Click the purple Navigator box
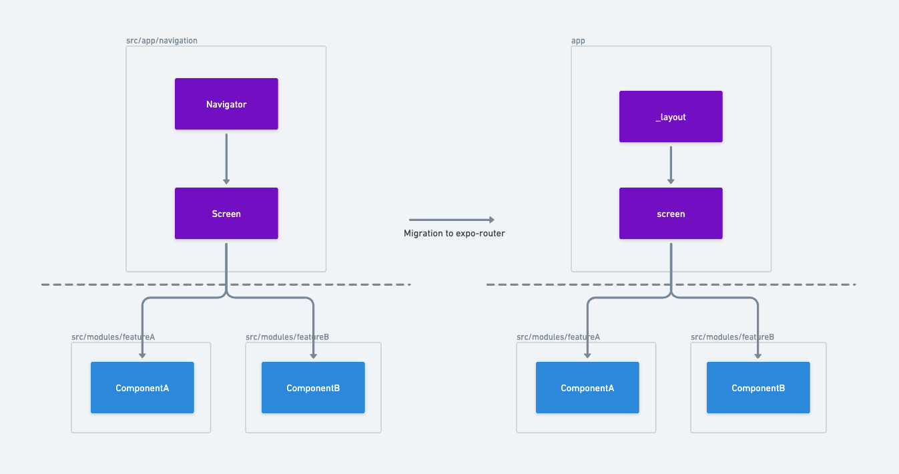click(226, 104)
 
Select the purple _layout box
click(671, 117)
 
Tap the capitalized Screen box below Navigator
click(226, 214)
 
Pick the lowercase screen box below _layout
click(671, 214)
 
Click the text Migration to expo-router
click(454, 234)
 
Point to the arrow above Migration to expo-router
click(451, 220)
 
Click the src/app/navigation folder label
click(162, 41)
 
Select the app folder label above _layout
click(578, 41)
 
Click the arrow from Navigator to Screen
click(226, 158)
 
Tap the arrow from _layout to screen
click(671, 164)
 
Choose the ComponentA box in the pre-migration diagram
click(142, 388)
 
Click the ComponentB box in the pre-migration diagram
click(313, 388)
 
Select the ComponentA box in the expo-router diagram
click(587, 388)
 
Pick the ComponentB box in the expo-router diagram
click(758, 388)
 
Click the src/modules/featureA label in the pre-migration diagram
click(113, 337)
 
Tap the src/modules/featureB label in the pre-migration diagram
click(287, 337)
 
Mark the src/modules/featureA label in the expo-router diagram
click(558, 337)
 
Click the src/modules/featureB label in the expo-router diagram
click(732, 337)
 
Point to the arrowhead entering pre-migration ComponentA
click(142, 356)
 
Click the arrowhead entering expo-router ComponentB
click(758, 356)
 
